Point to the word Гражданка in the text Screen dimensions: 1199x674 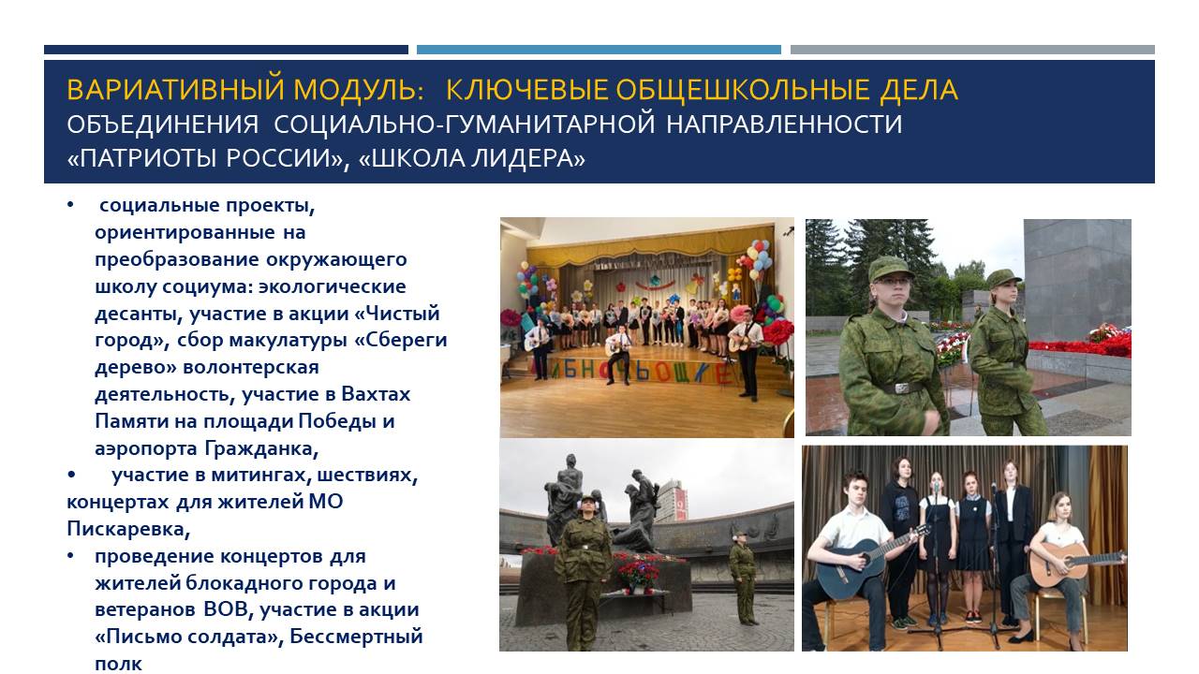(261, 448)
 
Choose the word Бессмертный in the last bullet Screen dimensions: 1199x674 (357, 637)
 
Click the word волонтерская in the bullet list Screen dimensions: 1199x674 (251, 368)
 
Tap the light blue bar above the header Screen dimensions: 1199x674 (599, 50)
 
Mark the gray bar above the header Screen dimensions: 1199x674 (972, 50)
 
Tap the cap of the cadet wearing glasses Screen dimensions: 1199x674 (890, 268)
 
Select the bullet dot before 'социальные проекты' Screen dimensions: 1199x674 (70, 205)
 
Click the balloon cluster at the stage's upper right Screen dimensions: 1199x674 (756, 260)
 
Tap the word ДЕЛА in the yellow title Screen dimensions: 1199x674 (919, 89)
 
